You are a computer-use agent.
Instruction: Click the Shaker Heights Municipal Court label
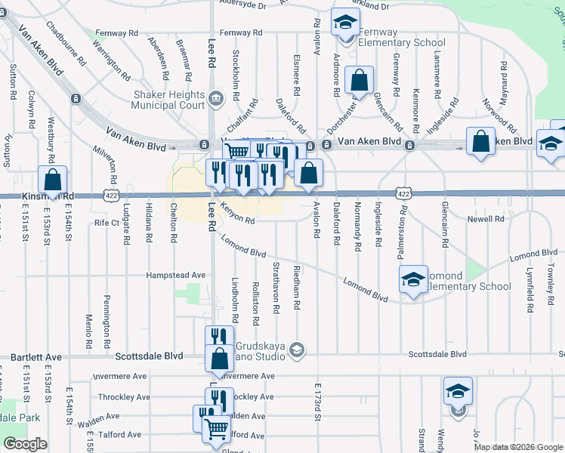point(168,99)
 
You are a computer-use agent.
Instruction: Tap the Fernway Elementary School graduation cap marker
point(344,23)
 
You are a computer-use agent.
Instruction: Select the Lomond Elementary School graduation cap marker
point(413,279)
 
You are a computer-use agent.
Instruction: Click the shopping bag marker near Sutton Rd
point(52,180)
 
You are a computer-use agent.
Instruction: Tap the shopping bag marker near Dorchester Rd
point(360,79)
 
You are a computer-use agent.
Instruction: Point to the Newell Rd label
point(486,219)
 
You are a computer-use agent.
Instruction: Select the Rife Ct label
point(107,223)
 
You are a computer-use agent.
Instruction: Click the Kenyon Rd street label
point(236,212)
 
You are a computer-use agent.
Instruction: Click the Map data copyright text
point(518,447)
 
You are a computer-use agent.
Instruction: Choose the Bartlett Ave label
point(36,356)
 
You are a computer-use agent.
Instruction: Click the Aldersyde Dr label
point(243,5)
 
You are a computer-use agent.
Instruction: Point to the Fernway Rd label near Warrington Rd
point(116,33)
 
